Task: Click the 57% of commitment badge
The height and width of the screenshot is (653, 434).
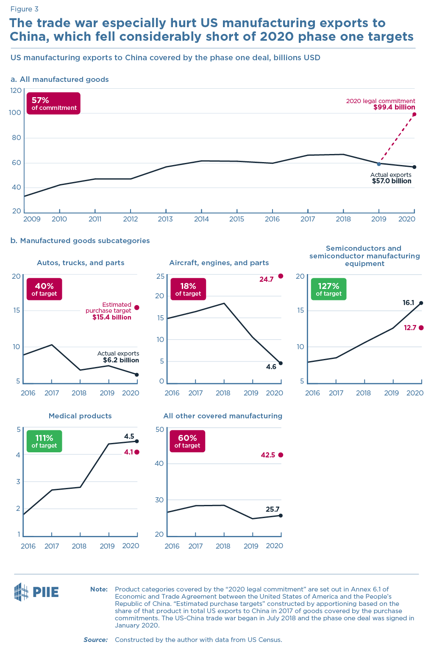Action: click(53, 103)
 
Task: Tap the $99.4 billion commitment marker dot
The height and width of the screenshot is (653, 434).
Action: click(414, 114)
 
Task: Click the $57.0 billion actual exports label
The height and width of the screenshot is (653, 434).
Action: click(391, 181)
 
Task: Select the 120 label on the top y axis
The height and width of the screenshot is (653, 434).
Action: click(16, 90)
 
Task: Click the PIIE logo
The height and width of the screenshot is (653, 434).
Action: click(36, 592)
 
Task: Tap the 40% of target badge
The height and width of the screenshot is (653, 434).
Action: click(44, 289)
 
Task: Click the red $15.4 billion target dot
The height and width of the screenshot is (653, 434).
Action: click(136, 308)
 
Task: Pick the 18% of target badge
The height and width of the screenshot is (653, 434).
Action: click(188, 289)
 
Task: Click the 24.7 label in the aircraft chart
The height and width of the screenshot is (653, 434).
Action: click(267, 279)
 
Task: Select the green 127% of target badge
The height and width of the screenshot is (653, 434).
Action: click(328, 289)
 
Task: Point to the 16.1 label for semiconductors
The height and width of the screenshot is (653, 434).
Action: click(408, 303)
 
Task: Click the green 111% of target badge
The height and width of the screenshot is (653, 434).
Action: click(44, 441)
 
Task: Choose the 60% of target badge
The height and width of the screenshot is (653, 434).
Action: click(187, 441)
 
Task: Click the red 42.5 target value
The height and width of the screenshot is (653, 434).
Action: click(268, 455)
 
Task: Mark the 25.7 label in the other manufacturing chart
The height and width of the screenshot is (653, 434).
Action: click(273, 509)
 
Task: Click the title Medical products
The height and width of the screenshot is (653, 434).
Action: click(80, 416)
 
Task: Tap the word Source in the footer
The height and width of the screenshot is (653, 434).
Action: click(95, 639)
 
